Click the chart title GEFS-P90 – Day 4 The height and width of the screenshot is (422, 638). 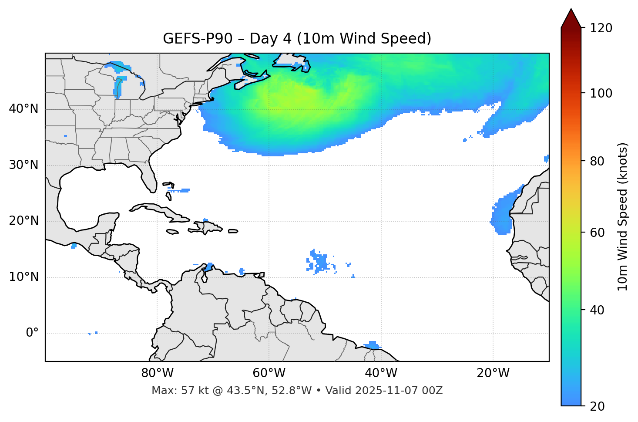pos(297,39)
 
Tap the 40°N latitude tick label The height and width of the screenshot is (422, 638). pos(24,109)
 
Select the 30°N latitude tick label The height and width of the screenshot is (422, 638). pos(24,165)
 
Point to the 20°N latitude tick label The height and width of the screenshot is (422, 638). pos(24,221)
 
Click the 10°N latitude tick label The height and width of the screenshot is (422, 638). pos(24,277)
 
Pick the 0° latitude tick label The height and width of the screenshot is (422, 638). pos(32,333)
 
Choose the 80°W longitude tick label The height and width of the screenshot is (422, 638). pos(157,373)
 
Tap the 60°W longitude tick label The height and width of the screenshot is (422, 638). pos(269,373)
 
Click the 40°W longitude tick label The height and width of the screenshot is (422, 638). pos(381,373)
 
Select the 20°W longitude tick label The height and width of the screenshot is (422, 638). pos(493,373)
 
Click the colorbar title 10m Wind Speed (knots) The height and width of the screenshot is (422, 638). pos(623,216)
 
